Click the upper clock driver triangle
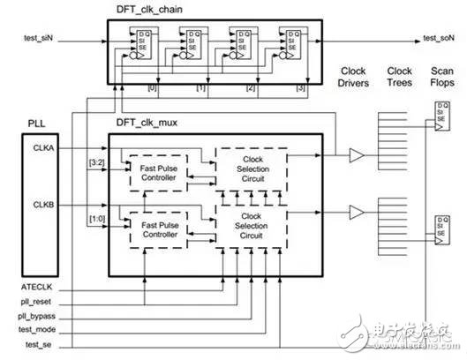pyautogui.click(x=356, y=155)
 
